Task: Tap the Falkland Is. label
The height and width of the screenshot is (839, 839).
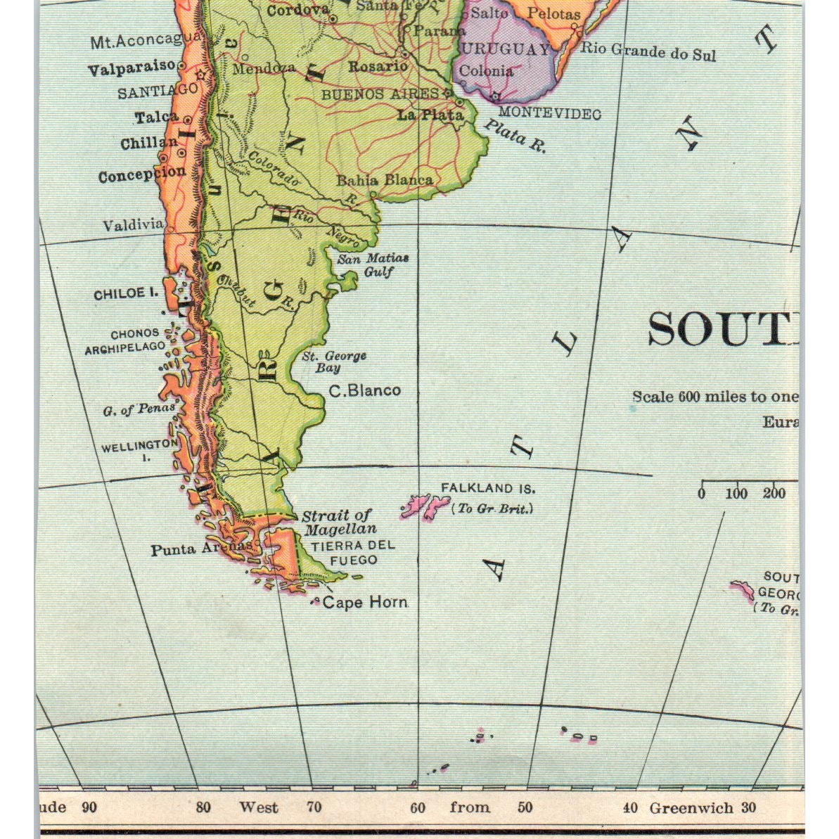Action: coord(487,488)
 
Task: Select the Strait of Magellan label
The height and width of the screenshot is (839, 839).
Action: coord(338,523)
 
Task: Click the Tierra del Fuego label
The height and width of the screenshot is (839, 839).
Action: coord(353,553)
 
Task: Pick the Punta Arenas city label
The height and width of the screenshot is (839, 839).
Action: coord(200,549)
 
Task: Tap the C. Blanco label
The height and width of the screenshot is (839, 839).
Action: coord(365,390)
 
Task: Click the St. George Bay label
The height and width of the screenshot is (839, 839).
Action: coord(334,361)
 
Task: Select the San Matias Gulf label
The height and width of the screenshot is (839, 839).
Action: coord(373,265)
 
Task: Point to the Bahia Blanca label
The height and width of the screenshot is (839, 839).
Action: coord(384,181)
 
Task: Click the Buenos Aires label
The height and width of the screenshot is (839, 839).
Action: coord(380,94)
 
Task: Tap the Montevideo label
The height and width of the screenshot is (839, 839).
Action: coord(549,113)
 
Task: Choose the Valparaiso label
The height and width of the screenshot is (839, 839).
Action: coord(132,68)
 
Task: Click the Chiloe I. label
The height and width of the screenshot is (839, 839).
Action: coord(126,294)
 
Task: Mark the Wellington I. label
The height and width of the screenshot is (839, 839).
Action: coord(139,449)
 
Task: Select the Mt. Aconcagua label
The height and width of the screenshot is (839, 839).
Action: coord(146,41)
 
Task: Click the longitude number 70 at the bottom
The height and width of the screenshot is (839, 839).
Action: coord(314,807)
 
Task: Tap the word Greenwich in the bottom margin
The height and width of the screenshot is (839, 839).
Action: coord(691,807)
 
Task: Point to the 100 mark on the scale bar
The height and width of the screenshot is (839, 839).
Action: coord(736,494)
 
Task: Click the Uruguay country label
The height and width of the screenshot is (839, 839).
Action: coord(504,49)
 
